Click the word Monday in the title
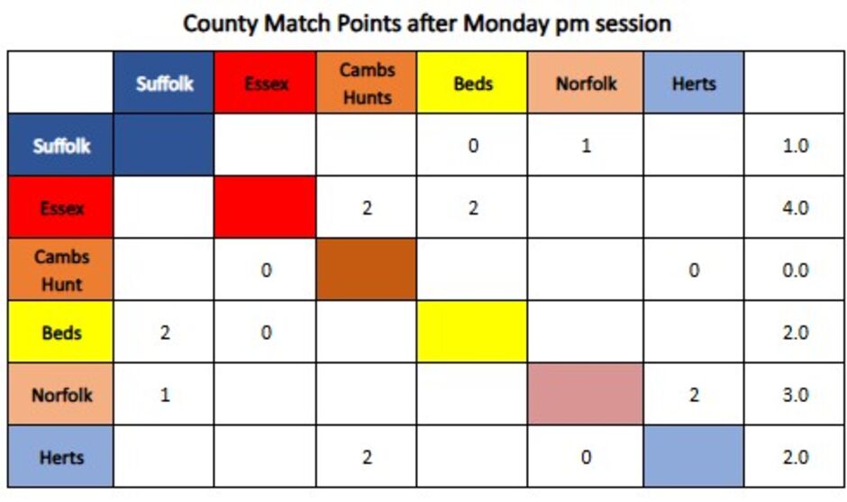505,23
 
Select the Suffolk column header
164,83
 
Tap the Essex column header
265,83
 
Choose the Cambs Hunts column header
367,83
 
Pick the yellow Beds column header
472,83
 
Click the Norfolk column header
586,83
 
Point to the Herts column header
694,83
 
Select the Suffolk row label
60,145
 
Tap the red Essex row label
60,207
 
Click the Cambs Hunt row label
60,269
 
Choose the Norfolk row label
60,395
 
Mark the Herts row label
60,457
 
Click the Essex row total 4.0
795,208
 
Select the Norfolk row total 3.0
795,395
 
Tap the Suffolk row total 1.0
795,145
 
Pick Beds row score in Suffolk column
165,333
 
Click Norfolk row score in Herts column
694,395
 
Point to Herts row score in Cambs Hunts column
367,457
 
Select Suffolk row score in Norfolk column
586,145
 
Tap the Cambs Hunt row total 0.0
795,270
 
